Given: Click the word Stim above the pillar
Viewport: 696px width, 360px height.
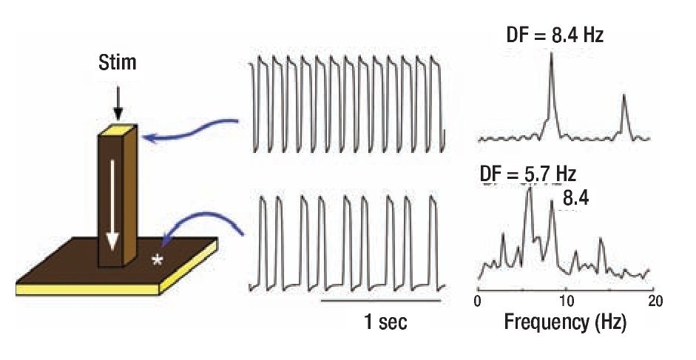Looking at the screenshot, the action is [x=118, y=62].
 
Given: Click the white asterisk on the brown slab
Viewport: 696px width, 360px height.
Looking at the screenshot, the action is [x=156, y=261].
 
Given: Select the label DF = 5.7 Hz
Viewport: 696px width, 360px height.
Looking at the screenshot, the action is [x=527, y=174].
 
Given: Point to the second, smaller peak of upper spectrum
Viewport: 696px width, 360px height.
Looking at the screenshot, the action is [x=624, y=97].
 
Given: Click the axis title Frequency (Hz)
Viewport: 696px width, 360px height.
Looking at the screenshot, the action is [x=566, y=322].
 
